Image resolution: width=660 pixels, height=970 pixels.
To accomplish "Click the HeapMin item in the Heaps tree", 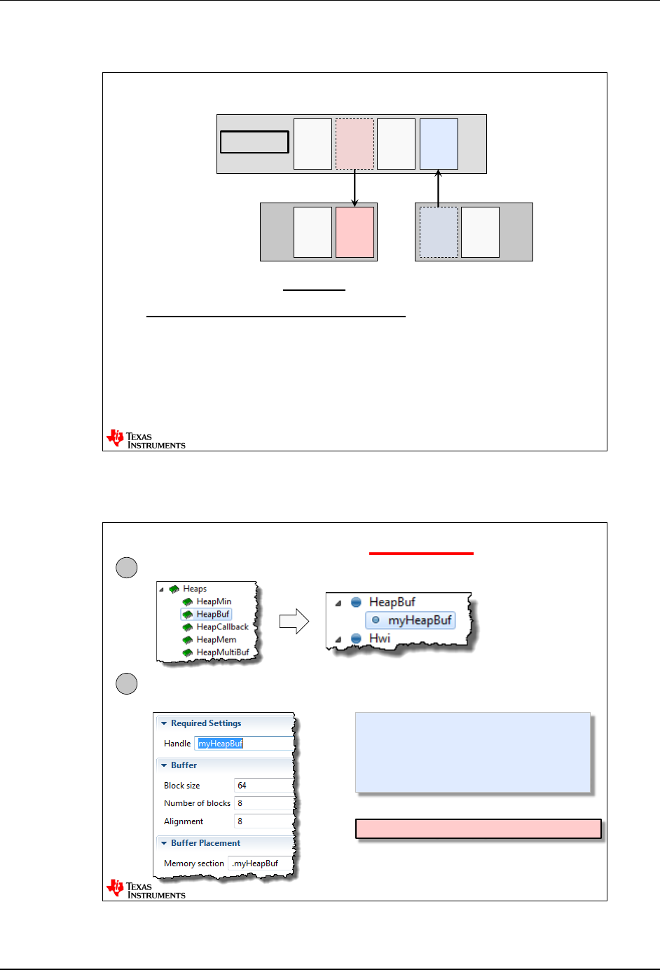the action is tap(213, 601).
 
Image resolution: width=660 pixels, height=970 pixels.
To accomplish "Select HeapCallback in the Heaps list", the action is tap(222, 627).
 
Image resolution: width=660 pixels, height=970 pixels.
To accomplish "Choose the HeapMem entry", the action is tap(216, 639).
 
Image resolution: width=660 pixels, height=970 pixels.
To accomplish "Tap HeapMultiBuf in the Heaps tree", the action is tap(222, 653).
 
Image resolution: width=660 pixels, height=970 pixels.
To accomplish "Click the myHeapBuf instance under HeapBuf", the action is tap(419, 620).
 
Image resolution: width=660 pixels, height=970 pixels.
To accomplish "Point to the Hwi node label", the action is tap(379, 638).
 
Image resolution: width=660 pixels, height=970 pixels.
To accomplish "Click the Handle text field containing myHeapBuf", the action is tap(244, 744).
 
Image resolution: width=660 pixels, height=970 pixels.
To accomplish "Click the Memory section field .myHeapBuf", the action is tap(258, 863).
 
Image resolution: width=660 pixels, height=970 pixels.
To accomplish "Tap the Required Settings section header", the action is tap(205, 723).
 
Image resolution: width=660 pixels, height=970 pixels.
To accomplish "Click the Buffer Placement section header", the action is tap(205, 843).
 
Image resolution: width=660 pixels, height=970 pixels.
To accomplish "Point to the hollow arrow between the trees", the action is tap(294, 621).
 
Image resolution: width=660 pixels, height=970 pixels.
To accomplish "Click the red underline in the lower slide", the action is tap(421, 554).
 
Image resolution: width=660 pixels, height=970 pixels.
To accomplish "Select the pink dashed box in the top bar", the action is tap(355, 144).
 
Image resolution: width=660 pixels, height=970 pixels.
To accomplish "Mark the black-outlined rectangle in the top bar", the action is tap(254, 142).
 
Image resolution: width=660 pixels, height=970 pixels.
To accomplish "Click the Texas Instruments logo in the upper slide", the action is tap(146, 439).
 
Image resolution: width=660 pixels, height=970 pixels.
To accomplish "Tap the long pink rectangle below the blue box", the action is tap(479, 828).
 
